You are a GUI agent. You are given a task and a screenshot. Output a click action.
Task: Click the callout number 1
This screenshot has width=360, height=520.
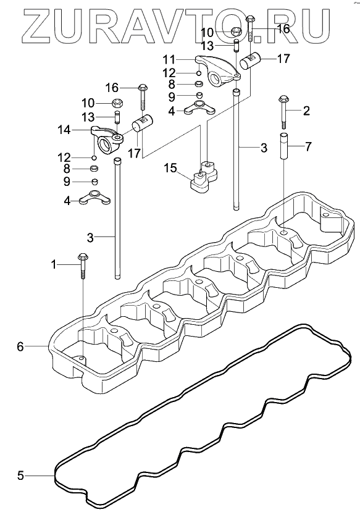pos(53,264)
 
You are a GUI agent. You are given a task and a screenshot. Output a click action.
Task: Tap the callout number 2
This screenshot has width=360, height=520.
pos(306,111)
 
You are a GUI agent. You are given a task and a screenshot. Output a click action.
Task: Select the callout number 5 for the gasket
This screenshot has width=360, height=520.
pos(20,476)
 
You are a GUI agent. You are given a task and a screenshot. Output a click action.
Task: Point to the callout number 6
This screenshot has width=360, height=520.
pos(20,346)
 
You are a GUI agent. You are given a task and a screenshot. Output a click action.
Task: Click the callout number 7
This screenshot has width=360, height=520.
pos(308,146)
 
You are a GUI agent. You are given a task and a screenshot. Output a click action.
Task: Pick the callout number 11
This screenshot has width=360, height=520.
pos(169,60)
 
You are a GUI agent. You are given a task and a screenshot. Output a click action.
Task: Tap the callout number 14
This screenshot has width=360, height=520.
pos(64,130)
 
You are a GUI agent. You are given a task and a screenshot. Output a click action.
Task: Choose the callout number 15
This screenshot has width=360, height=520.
pos(170,168)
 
